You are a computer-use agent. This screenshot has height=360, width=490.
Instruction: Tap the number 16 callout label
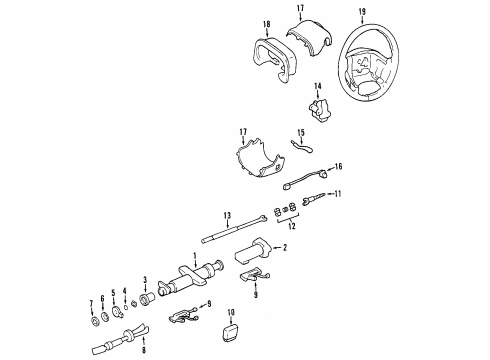337,166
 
